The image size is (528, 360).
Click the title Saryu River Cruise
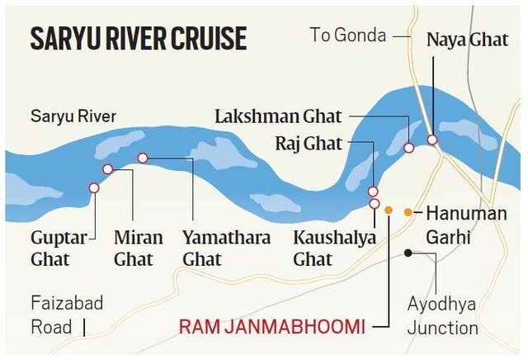[x=138, y=38]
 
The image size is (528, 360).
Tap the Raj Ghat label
[x=308, y=144]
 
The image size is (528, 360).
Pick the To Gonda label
[x=348, y=35]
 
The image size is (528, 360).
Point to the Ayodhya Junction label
[x=442, y=315]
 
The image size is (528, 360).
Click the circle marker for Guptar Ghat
[x=94, y=188]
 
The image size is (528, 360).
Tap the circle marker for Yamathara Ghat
[x=143, y=158]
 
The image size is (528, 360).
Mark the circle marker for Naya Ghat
[x=431, y=140]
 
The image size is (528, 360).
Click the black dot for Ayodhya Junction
[x=408, y=253]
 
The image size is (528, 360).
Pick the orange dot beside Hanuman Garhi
[x=408, y=212]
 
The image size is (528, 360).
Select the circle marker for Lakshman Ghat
[x=408, y=148]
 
